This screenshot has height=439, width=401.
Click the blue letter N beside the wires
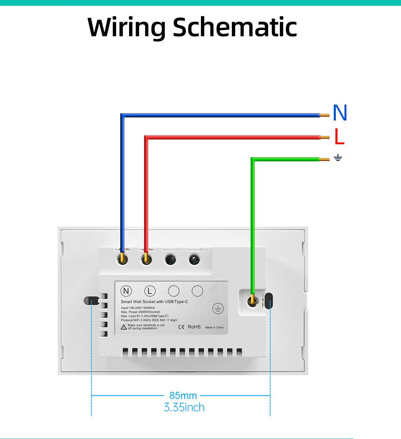click(340, 113)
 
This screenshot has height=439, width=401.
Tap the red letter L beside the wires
click(339, 137)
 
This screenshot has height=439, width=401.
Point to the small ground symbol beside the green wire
click(338, 158)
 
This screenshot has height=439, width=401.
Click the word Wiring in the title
click(127, 28)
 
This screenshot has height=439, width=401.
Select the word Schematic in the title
click(234, 28)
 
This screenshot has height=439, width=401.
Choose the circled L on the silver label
click(150, 291)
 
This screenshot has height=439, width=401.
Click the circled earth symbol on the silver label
click(217, 309)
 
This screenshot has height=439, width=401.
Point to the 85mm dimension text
click(183, 396)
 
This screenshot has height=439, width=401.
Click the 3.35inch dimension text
click(184, 407)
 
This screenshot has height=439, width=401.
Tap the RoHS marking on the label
click(194, 327)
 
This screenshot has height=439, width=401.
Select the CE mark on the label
click(182, 327)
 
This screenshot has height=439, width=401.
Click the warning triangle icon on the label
click(124, 327)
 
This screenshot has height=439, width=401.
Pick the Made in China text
click(214, 327)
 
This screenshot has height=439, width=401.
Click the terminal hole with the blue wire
click(122, 259)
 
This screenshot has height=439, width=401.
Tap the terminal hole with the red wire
click(146, 259)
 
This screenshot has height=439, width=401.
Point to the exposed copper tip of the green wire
click(323, 159)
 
